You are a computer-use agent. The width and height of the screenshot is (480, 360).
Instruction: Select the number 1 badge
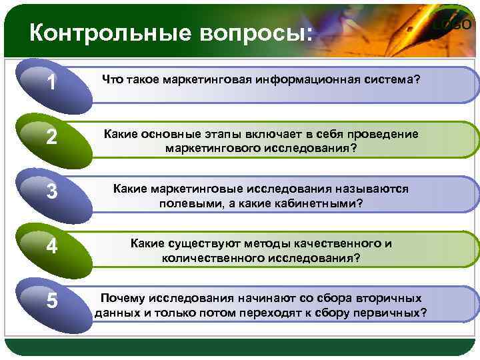tap(51, 83)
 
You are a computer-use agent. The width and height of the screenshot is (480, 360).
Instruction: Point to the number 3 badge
tap(51, 192)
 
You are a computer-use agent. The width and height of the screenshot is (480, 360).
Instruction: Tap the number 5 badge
tap(51, 302)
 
